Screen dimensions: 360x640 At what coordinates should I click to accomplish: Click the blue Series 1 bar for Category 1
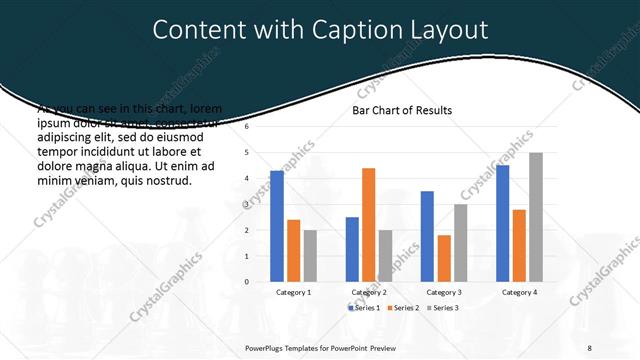tap(277, 226)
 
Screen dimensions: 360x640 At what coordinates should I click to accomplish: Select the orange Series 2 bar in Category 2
tap(368, 225)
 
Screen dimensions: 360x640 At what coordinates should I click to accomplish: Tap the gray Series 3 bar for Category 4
tap(535, 217)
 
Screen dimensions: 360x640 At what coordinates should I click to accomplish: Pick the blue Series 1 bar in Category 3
tap(427, 236)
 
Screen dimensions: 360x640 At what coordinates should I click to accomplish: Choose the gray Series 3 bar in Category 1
tap(309, 256)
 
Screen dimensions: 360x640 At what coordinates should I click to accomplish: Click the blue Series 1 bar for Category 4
tap(503, 223)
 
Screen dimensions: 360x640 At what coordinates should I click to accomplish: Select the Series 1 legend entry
tap(365, 308)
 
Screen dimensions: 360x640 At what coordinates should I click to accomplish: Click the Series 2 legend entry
tap(403, 308)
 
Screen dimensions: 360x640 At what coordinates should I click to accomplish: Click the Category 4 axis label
tap(518, 292)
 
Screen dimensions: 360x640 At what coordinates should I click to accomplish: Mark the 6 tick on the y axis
tap(247, 127)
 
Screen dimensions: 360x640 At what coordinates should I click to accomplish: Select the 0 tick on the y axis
tap(247, 282)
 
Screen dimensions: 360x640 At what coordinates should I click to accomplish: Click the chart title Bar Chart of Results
tap(402, 110)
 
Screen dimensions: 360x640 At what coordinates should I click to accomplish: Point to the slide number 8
tap(589, 347)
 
